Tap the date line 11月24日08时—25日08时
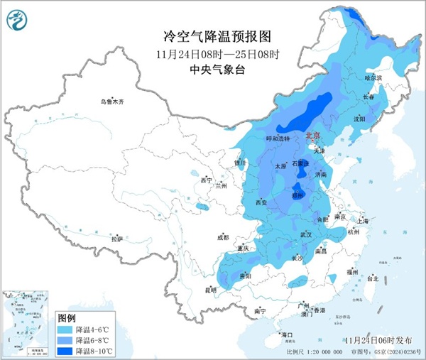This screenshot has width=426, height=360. point(212,54)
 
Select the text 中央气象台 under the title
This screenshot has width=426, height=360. point(212,69)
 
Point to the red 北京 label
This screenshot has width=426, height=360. point(313,135)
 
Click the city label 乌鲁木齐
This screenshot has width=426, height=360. point(111,102)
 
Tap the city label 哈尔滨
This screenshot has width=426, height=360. point(373,77)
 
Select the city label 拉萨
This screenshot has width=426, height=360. point(117,239)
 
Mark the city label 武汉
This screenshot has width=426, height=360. point(307,234)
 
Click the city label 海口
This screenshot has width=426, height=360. point(287,334)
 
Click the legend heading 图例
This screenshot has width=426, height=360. point(66,317)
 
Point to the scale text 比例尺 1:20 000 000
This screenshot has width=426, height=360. point(306,352)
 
